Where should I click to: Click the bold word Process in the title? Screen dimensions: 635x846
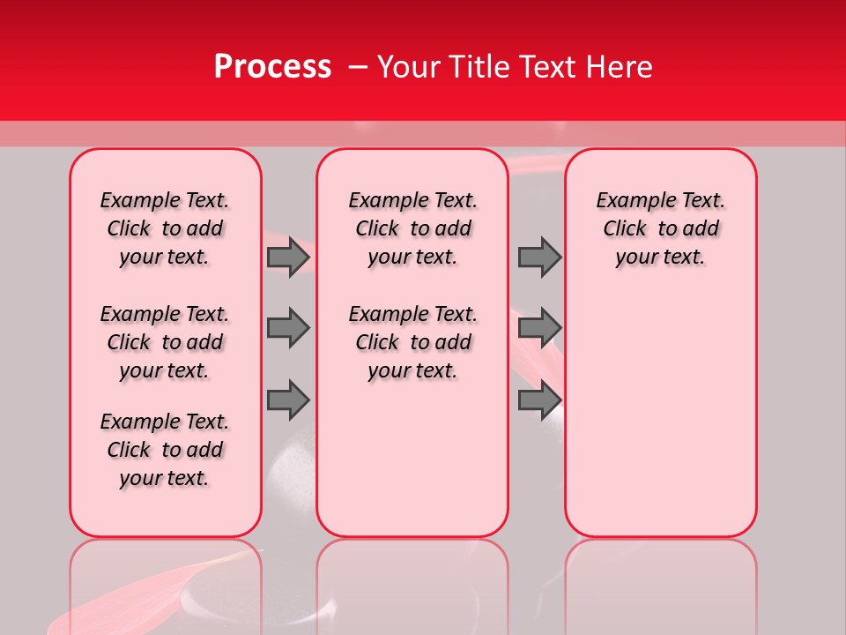pos(272,67)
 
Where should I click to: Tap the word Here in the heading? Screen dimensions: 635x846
pos(620,67)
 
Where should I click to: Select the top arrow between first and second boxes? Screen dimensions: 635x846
pos(288,258)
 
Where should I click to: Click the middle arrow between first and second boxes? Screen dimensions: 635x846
pos(288,328)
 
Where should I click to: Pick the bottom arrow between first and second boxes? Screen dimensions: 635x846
pos(288,400)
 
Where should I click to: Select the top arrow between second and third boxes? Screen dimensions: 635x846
pos(539,258)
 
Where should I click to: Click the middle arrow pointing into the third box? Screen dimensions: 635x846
pos(539,328)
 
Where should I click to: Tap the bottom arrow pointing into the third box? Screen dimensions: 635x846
pos(539,400)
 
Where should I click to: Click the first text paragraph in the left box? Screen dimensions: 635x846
pos(164,228)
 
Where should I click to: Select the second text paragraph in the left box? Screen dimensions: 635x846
pos(164,342)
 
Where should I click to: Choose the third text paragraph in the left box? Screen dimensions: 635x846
pos(164,450)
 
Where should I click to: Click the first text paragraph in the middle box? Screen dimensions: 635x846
pos(412,228)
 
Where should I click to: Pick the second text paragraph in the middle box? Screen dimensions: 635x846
pos(412,342)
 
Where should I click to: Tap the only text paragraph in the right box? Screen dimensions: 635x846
pos(660,228)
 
